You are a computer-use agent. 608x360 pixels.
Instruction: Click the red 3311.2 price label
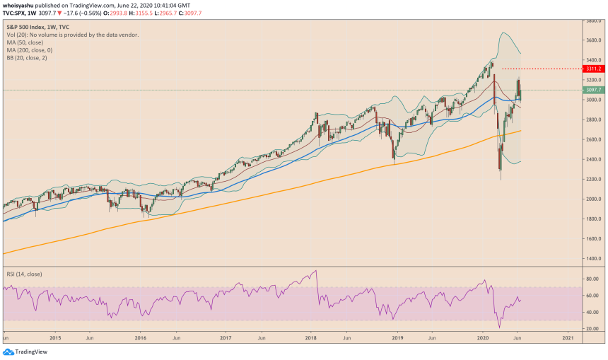point(594,69)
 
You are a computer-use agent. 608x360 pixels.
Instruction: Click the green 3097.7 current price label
point(594,90)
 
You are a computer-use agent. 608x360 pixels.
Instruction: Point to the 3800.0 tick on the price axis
point(594,21)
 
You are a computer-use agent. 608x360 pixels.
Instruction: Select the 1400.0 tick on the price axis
point(594,259)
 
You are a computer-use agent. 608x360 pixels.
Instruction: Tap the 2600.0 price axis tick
point(594,140)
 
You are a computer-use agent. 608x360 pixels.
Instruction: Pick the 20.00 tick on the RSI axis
point(594,329)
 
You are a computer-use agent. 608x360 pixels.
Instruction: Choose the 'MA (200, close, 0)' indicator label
point(30,50)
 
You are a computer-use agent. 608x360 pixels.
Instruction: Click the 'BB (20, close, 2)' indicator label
point(28,58)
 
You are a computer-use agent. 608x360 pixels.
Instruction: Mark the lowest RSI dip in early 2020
point(499,327)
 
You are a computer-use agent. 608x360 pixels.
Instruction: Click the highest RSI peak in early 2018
point(316,270)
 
